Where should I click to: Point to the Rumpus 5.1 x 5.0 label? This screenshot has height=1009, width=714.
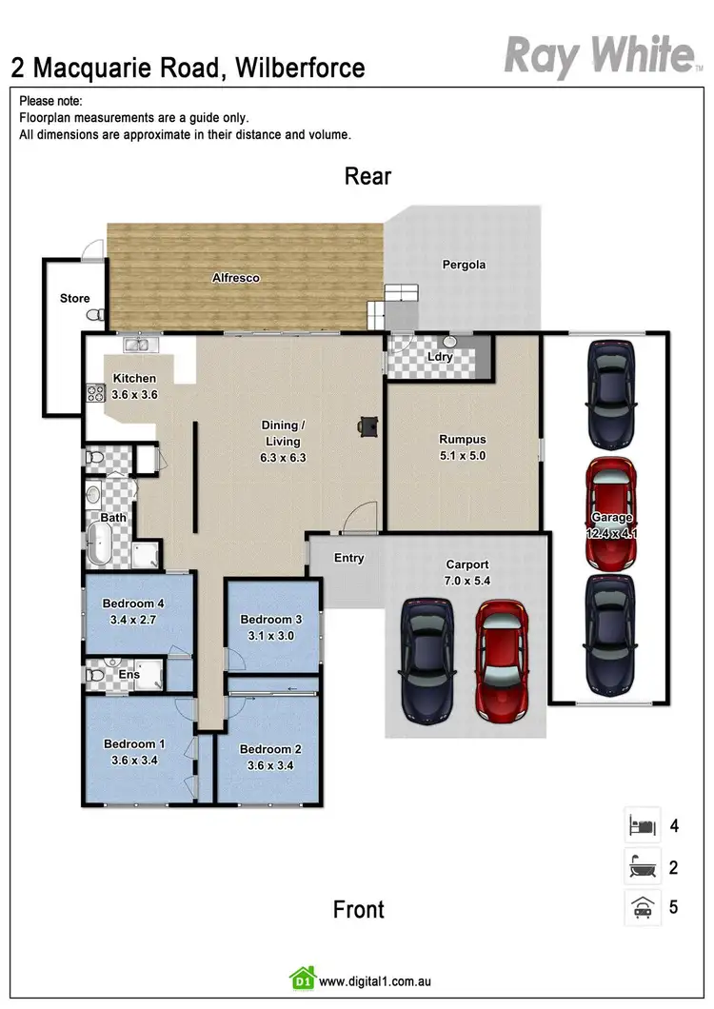point(463,446)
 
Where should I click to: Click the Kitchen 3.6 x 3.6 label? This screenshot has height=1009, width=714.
point(134,386)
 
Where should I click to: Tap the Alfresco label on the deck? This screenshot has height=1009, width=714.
point(235,278)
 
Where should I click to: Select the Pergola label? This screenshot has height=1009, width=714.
point(464,265)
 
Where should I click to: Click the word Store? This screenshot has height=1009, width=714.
point(75,298)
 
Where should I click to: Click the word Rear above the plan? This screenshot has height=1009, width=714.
point(367,176)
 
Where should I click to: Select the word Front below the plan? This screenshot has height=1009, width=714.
point(359,909)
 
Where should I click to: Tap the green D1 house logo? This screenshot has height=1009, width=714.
point(302,979)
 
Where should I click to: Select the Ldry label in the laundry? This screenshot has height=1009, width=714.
point(440,357)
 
